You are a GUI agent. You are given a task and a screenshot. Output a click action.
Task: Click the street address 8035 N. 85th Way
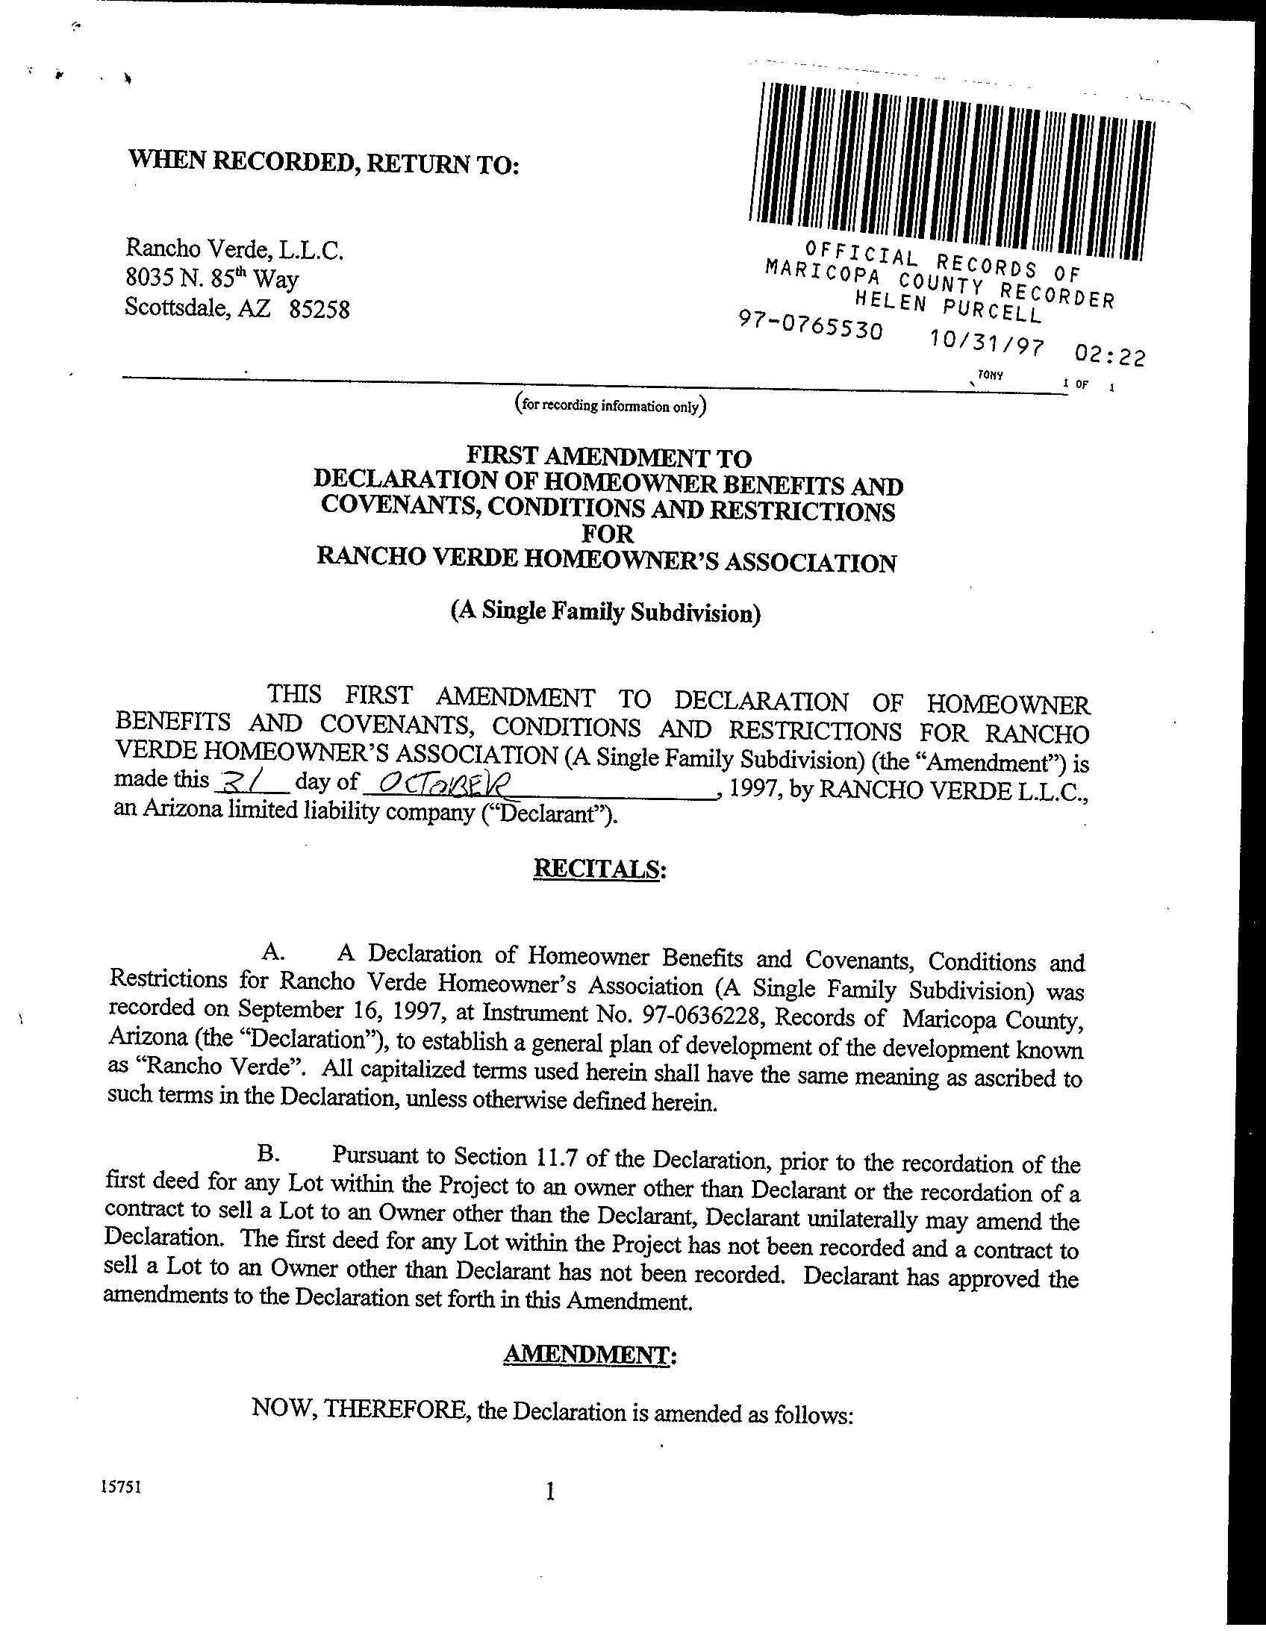pyautogui.click(x=212, y=278)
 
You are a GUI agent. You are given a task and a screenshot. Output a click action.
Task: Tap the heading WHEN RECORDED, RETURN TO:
pyautogui.click(x=324, y=161)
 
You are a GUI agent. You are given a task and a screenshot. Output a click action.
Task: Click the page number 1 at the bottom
pyautogui.click(x=551, y=1491)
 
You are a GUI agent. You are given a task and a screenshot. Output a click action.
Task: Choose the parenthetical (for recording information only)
pyautogui.click(x=611, y=406)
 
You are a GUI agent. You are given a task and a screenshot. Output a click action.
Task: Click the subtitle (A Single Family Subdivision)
pyautogui.click(x=605, y=612)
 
